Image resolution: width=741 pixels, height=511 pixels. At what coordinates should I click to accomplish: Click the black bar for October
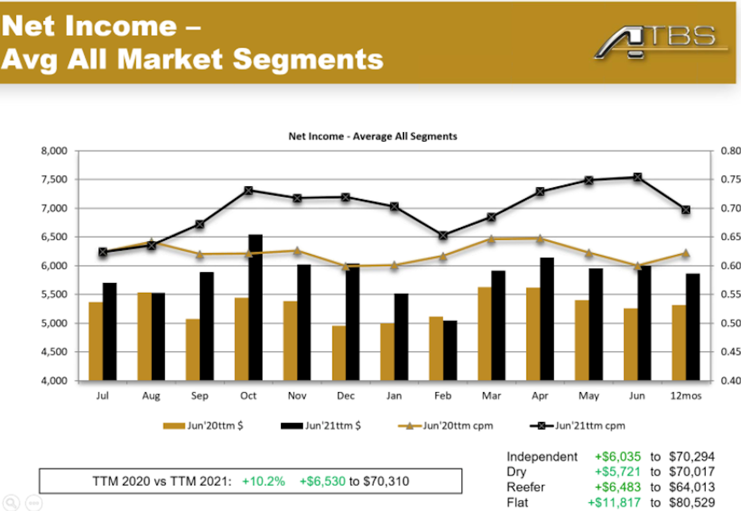[255, 309]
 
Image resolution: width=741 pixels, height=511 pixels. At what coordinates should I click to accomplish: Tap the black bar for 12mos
[693, 327]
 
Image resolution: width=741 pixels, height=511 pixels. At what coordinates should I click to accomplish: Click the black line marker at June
[638, 177]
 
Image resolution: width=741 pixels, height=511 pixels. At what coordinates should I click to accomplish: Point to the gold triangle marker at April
[540, 239]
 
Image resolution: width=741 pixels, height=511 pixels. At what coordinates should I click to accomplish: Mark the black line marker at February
[443, 235]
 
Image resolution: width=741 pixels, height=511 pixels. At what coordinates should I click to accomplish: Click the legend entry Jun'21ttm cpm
[577, 426]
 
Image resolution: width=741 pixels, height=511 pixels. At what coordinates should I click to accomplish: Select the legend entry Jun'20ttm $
[203, 426]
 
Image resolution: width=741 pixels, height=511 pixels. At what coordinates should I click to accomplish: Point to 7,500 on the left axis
[54, 179]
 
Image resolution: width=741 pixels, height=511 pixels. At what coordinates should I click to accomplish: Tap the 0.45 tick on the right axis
[730, 351]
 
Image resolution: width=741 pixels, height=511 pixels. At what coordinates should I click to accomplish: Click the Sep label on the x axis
[200, 396]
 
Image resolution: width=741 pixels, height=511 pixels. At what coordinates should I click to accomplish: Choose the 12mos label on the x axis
[685, 396]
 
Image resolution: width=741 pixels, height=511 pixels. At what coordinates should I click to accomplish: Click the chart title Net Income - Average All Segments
[373, 136]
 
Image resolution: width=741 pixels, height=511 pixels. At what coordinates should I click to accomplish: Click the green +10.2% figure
[263, 482]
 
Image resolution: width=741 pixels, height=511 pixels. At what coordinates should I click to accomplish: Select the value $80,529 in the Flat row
[692, 503]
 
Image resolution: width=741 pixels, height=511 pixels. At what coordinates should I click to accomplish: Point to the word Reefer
[525, 487]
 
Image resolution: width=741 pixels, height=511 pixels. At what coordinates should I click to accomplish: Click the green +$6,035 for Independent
[617, 456]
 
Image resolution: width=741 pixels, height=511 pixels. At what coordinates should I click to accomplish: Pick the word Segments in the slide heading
[308, 60]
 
